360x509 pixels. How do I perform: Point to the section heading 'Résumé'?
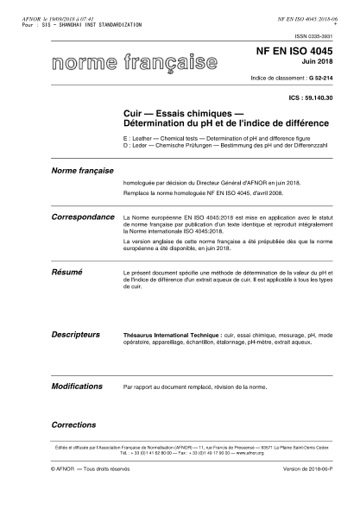point(66,271)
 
